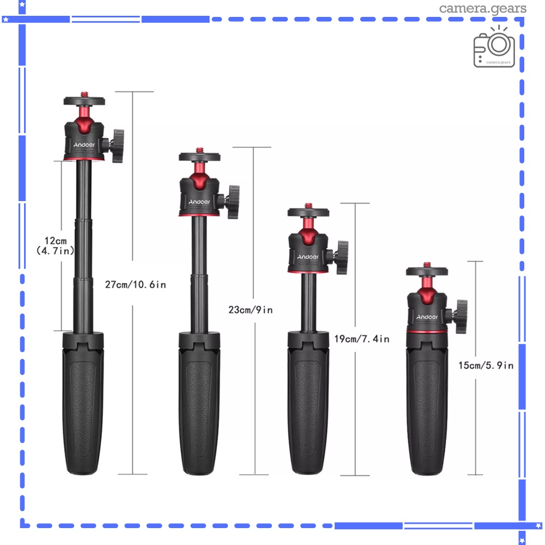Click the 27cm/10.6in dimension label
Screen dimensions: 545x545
tap(135, 284)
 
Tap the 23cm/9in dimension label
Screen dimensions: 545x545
tap(250, 310)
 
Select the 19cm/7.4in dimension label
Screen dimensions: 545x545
tap(361, 339)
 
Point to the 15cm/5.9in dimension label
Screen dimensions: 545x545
tap(486, 366)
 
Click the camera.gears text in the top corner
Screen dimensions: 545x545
tap(482, 8)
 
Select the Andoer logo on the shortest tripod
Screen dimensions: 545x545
tap(427, 317)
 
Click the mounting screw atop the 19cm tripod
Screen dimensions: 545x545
tap(309, 204)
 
